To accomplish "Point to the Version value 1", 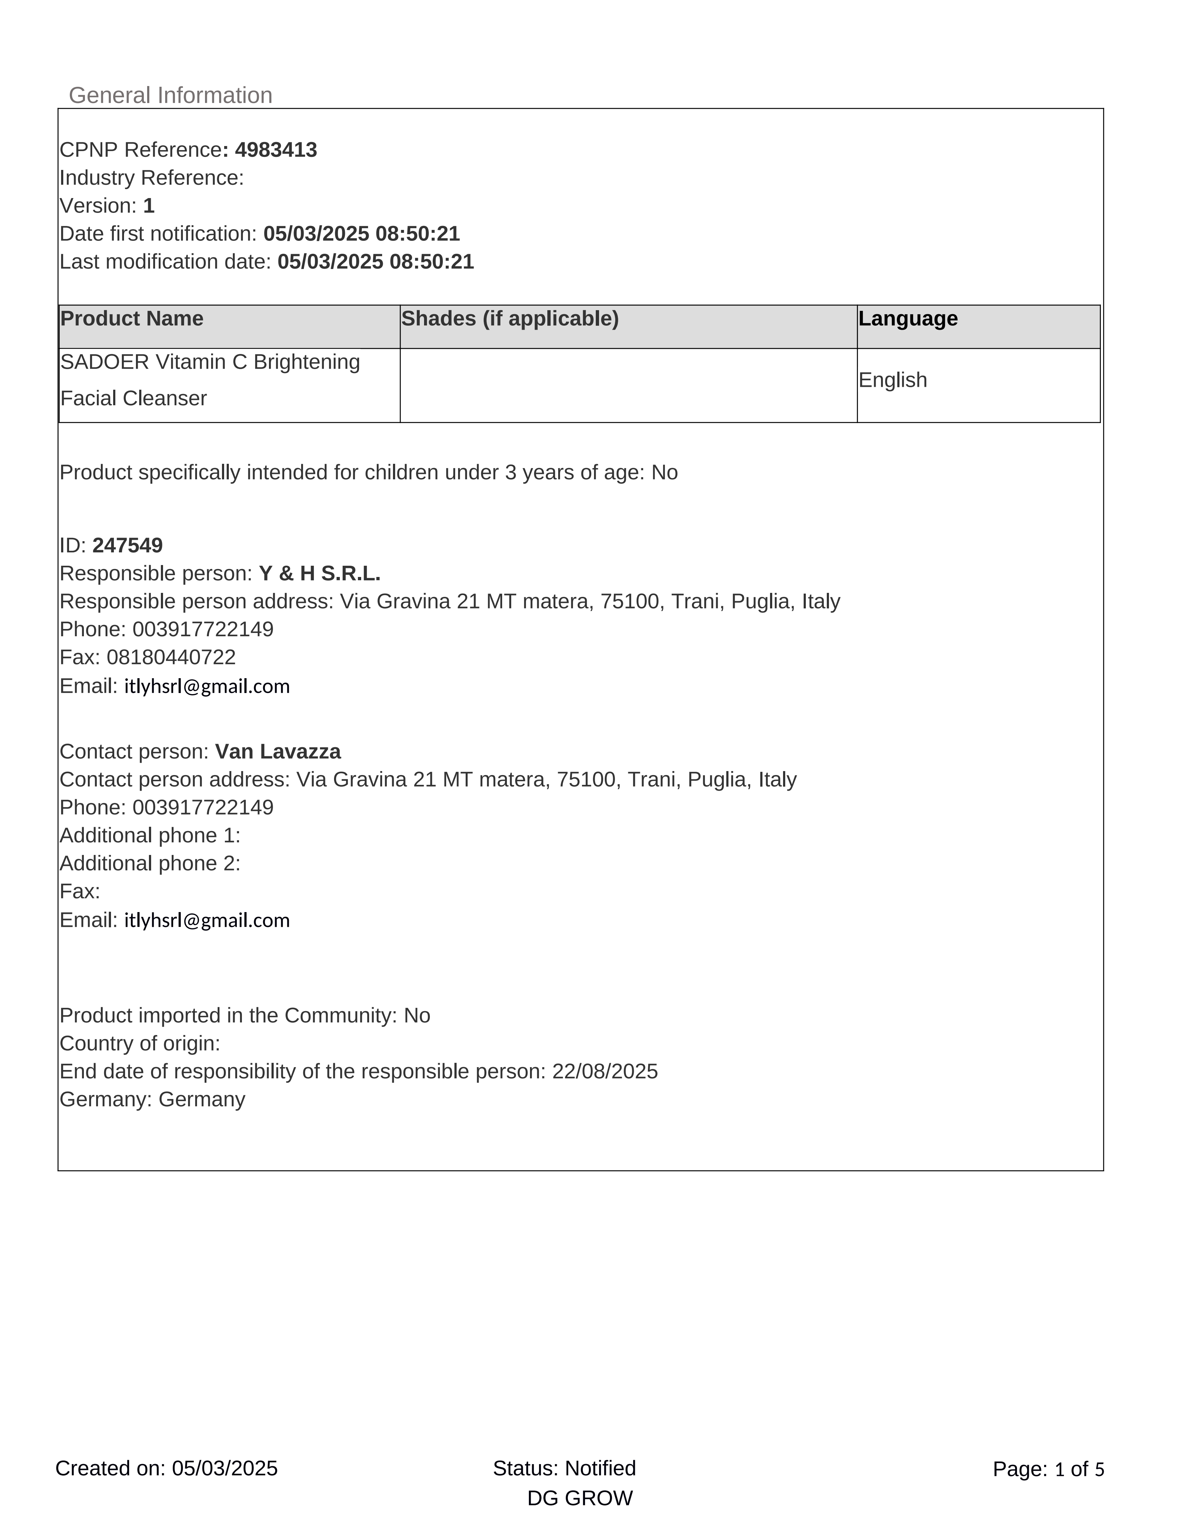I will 148,206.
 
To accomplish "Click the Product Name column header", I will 132,319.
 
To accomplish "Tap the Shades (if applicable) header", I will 510,319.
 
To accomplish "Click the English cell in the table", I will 893,380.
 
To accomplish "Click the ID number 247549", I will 127,546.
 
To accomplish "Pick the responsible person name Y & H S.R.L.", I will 320,574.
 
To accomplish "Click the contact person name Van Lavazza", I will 278,752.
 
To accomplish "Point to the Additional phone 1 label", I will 150,835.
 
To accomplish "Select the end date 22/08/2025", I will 605,1072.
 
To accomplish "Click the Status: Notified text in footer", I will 564,1468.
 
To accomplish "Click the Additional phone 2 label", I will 150,864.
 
